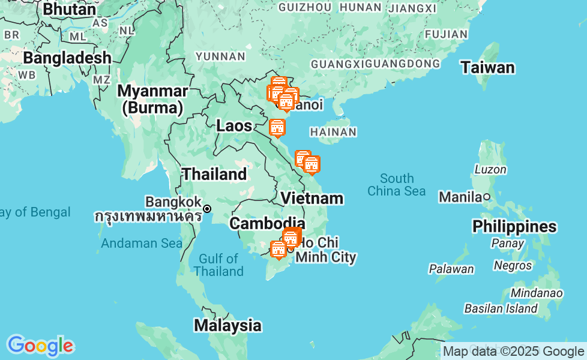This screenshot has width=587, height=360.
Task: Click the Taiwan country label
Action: click(487, 68)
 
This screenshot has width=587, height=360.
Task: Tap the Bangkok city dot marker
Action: click(207, 209)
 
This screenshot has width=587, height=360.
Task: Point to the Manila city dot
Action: click(487, 196)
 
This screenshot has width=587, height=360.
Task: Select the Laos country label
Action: click(234, 126)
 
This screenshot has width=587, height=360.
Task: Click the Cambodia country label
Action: click(267, 224)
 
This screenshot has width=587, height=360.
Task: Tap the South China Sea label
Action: click(397, 185)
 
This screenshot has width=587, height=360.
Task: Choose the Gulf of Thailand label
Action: click(218, 265)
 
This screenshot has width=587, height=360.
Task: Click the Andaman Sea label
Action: click(141, 243)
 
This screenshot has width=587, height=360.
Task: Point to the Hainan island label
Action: click(334, 132)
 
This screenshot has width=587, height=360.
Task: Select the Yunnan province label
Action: click(221, 56)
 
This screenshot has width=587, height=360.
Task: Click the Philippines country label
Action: click(514, 227)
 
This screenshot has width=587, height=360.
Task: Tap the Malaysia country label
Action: click(227, 326)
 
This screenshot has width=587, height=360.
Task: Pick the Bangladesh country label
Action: click(67, 58)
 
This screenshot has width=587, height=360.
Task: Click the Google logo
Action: click(40, 346)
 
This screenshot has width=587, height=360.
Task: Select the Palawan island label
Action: click(451, 269)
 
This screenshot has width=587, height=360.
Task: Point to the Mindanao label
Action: click(536, 293)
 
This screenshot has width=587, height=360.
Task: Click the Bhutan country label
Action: click(70, 10)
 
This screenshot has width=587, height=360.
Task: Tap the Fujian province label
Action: click(445, 34)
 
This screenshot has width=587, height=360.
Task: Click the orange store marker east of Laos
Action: click(277, 128)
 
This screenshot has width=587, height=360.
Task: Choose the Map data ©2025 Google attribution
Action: click(513, 351)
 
